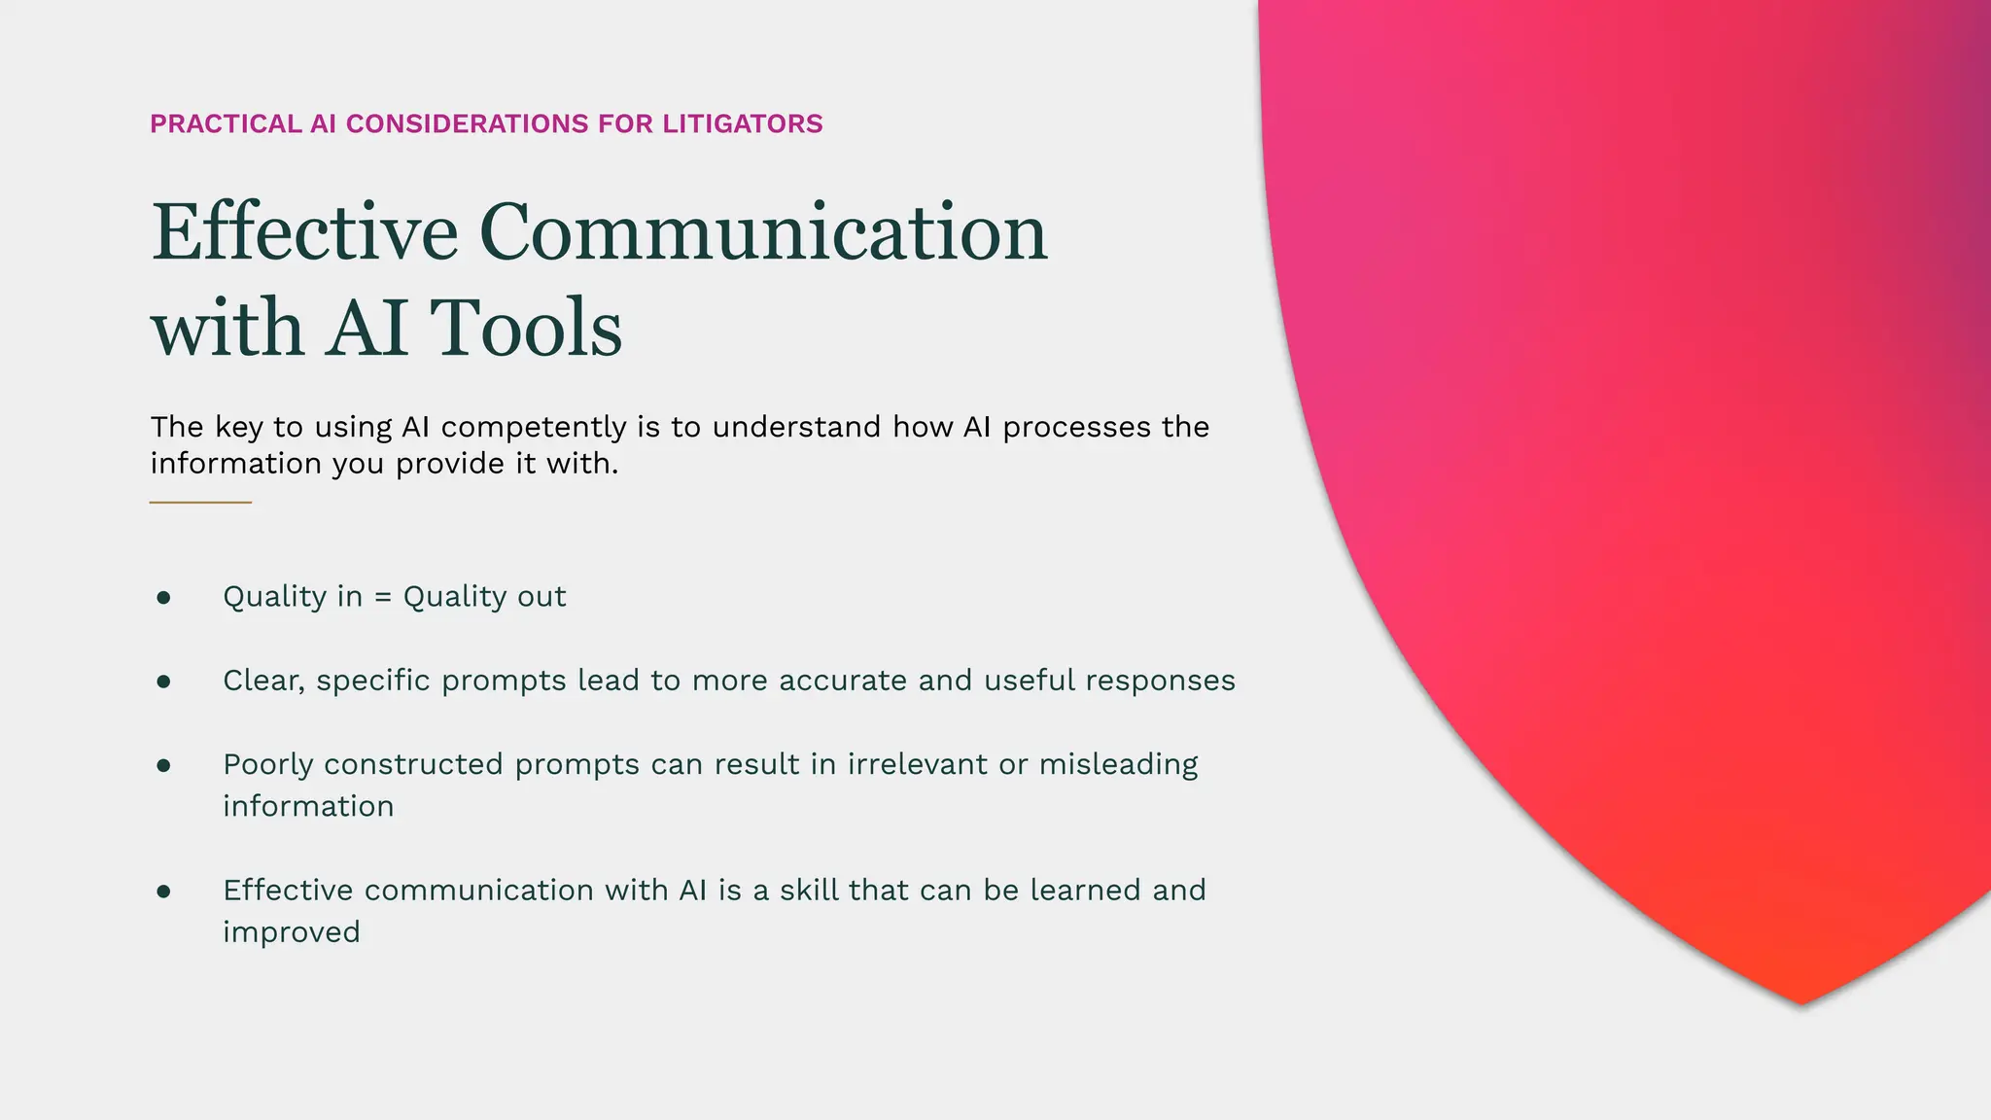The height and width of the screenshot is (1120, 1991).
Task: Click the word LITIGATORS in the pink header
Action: click(x=743, y=124)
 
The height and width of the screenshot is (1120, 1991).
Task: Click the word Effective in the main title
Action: click(x=304, y=232)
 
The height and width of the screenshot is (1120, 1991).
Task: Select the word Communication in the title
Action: click(x=763, y=232)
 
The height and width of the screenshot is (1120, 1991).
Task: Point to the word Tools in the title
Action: click(x=525, y=328)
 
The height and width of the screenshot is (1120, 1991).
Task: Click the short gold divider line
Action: click(x=200, y=503)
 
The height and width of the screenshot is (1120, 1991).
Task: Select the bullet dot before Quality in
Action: click(x=163, y=597)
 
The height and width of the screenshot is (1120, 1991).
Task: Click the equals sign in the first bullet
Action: click(x=383, y=597)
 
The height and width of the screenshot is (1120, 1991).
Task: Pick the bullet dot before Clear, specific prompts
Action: click(x=163, y=682)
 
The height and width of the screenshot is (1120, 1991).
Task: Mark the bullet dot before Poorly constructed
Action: click(x=163, y=766)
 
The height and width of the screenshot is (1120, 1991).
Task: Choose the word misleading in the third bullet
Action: click(x=1118, y=765)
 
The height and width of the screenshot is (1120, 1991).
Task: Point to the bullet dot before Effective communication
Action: click(x=163, y=892)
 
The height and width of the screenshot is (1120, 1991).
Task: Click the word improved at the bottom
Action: click(x=292, y=932)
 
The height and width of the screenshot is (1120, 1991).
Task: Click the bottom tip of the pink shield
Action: click(x=1801, y=1002)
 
